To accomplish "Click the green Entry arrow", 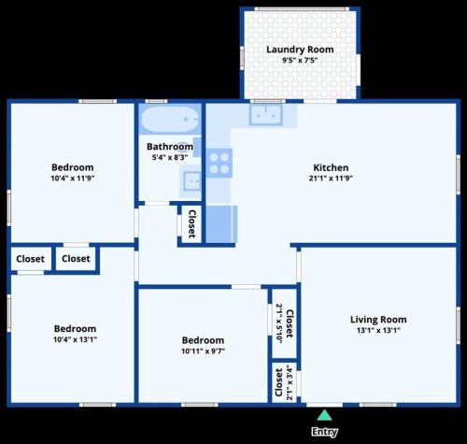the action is click(x=324, y=415).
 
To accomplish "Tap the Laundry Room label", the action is click(x=300, y=50).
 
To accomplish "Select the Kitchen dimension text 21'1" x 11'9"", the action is click(x=331, y=179).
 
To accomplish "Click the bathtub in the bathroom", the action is click(x=170, y=119).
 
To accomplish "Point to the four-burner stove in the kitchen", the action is click(x=219, y=163).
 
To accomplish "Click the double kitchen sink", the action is click(x=265, y=115).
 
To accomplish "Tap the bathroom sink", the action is click(x=191, y=181).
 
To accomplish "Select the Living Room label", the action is click(x=378, y=320).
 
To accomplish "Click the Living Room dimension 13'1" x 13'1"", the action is click(x=378, y=330).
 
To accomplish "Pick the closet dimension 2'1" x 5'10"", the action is click(x=279, y=323).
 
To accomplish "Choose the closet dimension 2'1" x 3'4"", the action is click(x=290, y=382).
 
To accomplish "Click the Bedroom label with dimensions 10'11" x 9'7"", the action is click(x=203, y=340).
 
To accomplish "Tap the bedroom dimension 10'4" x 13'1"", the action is click(x=75, y=339).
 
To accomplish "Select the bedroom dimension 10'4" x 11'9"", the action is click(x=73, y=179).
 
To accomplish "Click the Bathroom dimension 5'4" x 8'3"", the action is click(x=170, y=157).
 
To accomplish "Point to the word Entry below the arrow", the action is click(x=324, y=432).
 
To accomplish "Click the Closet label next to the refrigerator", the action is click(x=192, y=223).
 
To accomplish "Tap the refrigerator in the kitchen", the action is click(x=221, y=223).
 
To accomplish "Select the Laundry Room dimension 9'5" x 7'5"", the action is click(x=300, y=60).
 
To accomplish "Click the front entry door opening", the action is click(x=324, y=405).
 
